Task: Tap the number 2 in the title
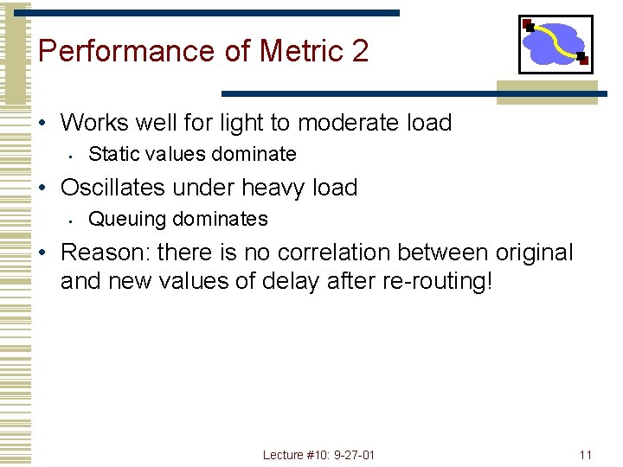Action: [360, 51]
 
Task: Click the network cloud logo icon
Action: [556, 44]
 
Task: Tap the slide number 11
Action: [586, 455]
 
